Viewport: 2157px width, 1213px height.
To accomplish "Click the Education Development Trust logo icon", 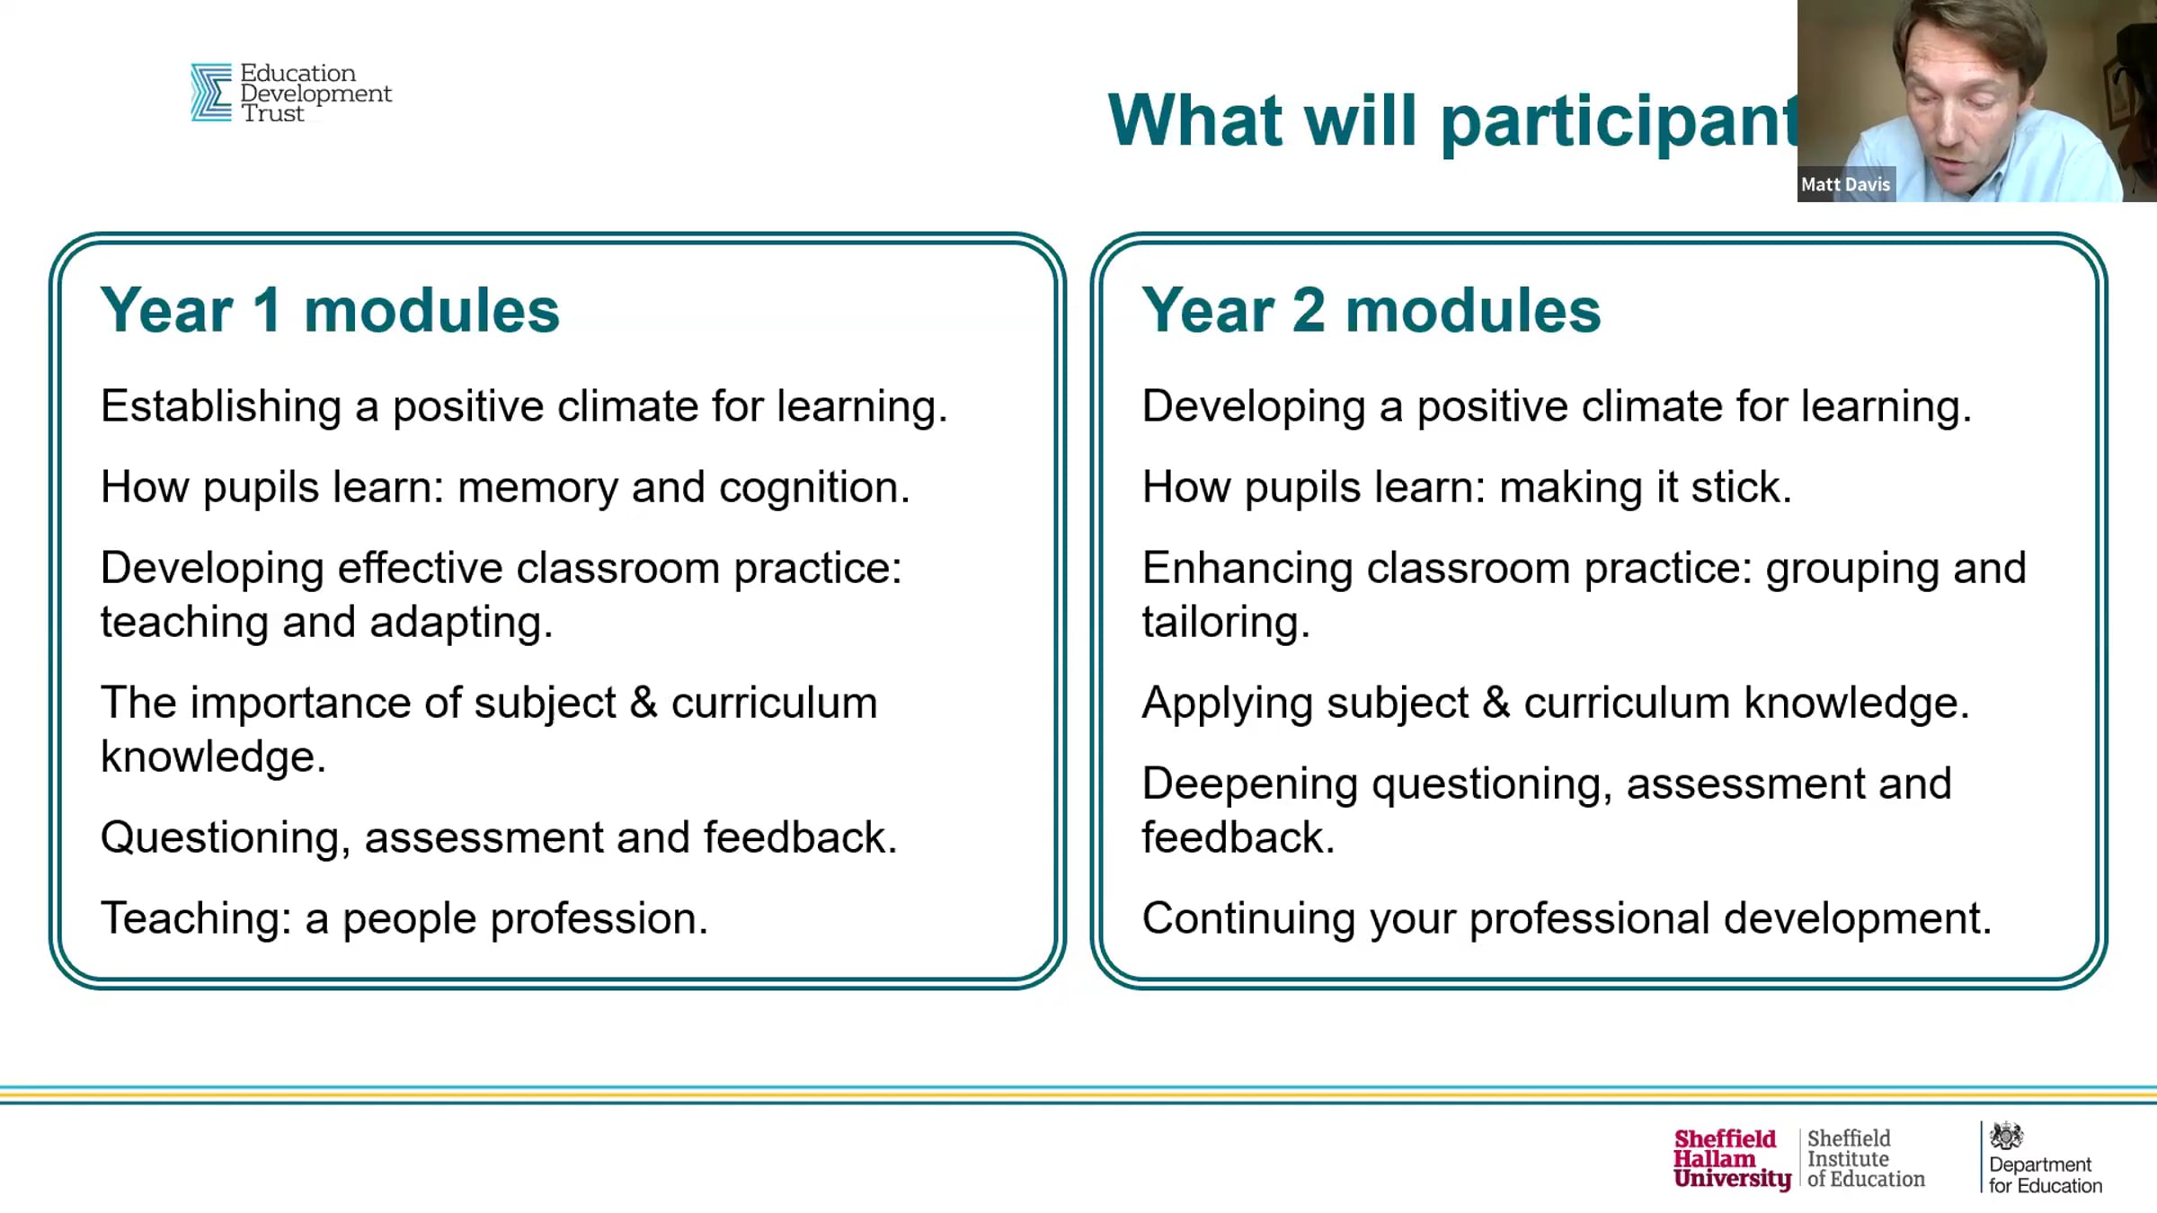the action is tap(211, 92).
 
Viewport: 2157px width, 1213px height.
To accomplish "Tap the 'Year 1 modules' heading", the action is tap(330, 311).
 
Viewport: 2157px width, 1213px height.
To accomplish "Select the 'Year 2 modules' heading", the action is tap(1371, 311).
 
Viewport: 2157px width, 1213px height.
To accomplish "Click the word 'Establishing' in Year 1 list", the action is tap(221, 407).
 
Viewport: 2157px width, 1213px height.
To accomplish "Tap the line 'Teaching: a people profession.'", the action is tap(404, 919).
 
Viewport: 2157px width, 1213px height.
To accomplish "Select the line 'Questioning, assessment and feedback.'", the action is tap(499, 838).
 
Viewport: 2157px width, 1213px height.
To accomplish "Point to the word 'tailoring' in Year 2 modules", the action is tap(1220, 623).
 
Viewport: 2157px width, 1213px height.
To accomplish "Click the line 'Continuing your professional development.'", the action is tap(1567, 919).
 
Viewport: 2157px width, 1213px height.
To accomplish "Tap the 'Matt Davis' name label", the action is tap(1846, 184).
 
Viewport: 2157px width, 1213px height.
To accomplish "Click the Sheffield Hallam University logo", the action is tap(1731, 1159).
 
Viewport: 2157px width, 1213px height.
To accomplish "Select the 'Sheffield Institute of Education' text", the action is tap(1866, 1159).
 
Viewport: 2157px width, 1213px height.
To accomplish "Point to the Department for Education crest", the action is tap(2005, 1136).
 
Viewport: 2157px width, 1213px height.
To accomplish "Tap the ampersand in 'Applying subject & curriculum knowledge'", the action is tap(1496, 703).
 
